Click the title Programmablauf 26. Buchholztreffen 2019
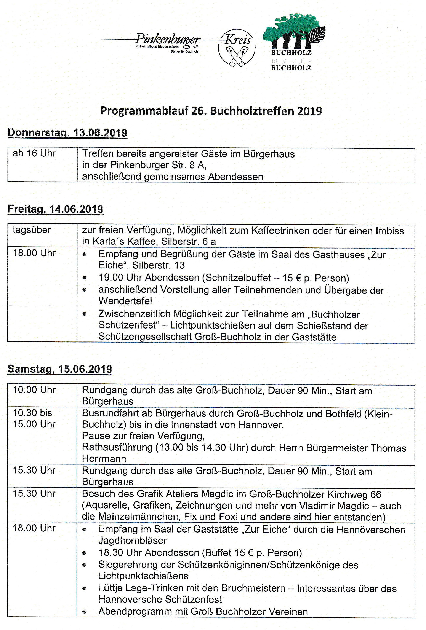(x=211, y=111)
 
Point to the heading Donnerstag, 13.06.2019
(x=67, y=133)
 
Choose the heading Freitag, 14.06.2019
(x=55, y=209)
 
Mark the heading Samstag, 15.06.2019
(x=60, y=369)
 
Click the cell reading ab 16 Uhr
(x=34, y=153)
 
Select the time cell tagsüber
(x=32, y=230)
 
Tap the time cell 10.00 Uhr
(x=34, y=390)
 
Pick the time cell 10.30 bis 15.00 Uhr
(x=34, y=419)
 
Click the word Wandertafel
(x=125, y=301)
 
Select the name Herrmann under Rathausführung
(x=104, y=459)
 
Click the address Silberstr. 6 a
(x=189, y=242)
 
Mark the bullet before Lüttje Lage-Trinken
(x=84, y=589)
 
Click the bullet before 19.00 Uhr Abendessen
(x=85, y=278)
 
